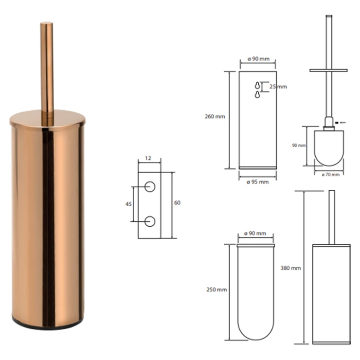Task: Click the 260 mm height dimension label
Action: (x=215, y=116)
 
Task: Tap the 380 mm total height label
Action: (x=290, y=268)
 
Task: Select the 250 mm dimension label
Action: (x=216, y=289)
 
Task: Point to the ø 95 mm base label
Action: (x=258, y=182)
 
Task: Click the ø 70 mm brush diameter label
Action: (x=331, y=175)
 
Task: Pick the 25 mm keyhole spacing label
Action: (x=278, y=87)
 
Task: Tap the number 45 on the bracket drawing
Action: (x=128, y=204)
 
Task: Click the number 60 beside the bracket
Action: (x=177, y=202)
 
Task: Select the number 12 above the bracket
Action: (x=148, y=158)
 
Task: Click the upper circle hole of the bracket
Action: (x=150, y=187)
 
